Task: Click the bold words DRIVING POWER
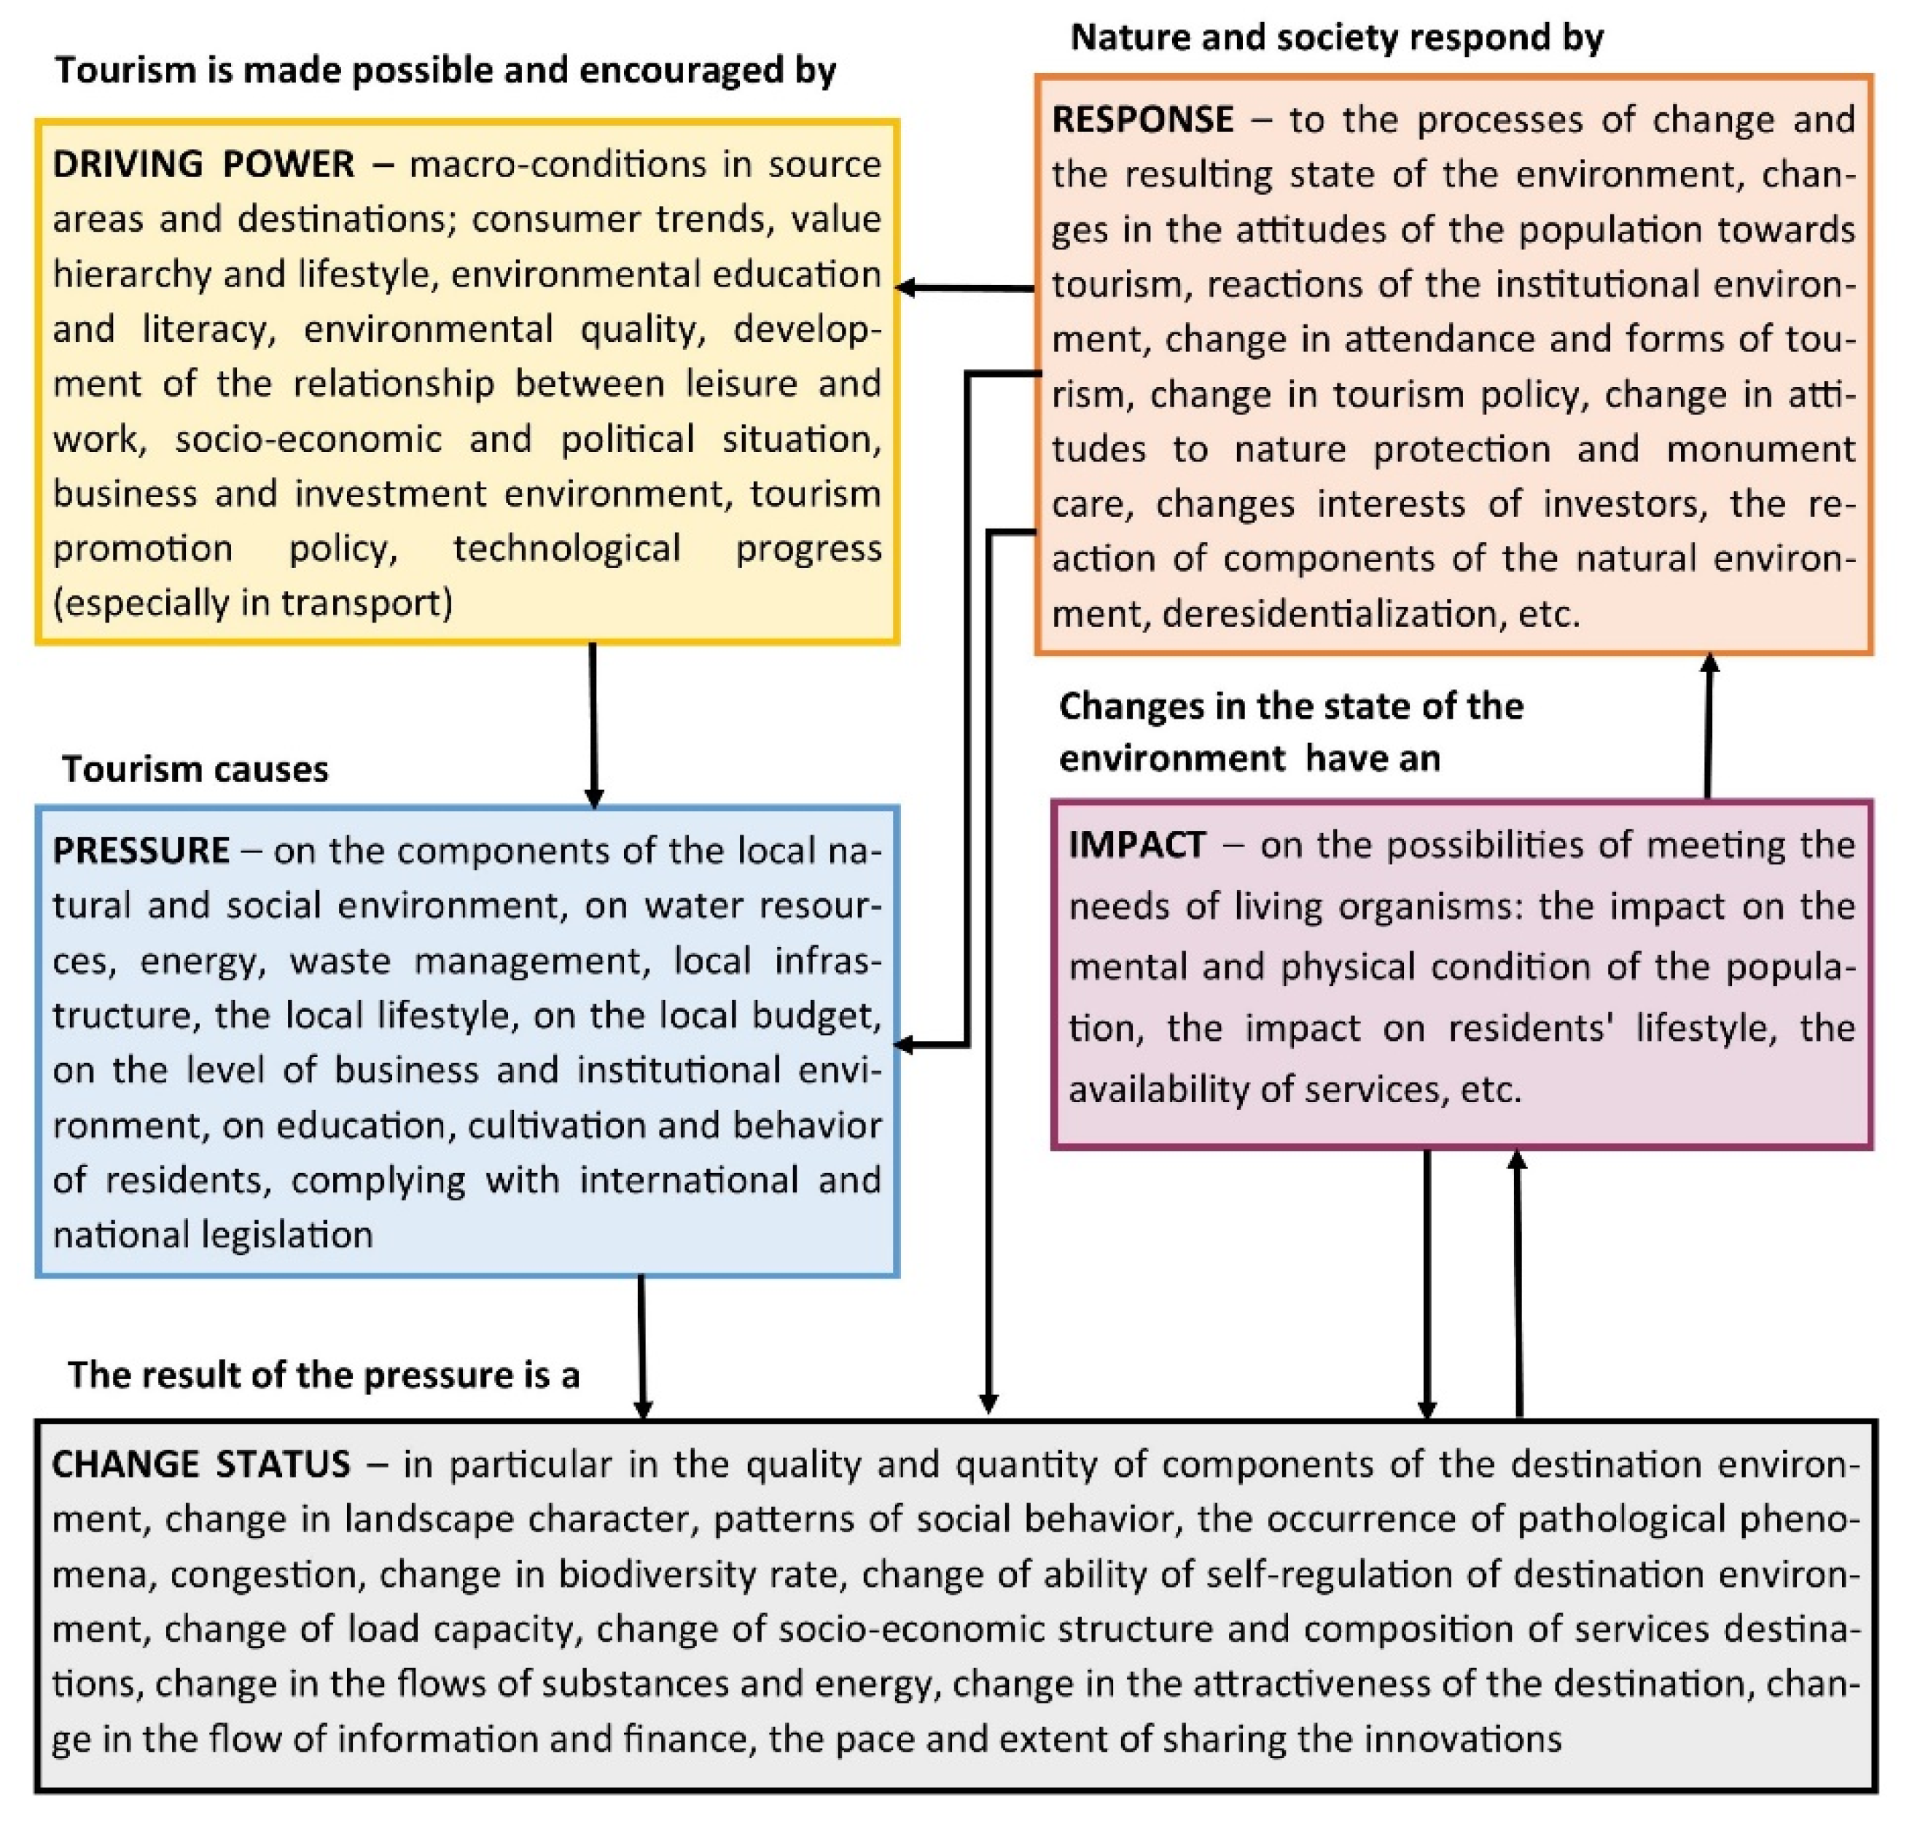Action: [203, 164]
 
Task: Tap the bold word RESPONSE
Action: [1142, 119]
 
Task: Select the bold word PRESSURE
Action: [141, 851]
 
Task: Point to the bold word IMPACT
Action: [1136, 845]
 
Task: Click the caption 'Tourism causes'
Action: [195, 770]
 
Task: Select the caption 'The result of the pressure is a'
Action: [324, 1375]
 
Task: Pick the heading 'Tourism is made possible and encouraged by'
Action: [445, 70]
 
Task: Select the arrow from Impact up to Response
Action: [1708, 727]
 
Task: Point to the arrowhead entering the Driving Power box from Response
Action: [905, 288]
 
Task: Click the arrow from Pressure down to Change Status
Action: [642, 1346]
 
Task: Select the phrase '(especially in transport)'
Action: [253, 603]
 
